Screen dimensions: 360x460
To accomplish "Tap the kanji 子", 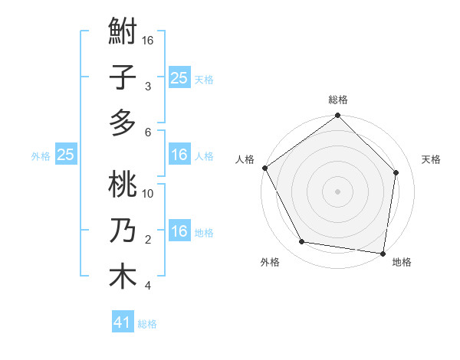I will point(123,78).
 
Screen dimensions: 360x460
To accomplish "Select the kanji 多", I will point(123,122).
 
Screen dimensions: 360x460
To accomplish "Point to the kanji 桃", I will point(123,187).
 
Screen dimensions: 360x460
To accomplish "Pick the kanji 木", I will point(123,276).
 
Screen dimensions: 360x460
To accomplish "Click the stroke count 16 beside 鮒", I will point(149,40).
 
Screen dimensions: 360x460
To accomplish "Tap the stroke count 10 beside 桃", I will point(149,193).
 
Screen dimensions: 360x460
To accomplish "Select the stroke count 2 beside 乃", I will point(148,240).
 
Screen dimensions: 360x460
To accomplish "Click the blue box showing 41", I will point(123,322).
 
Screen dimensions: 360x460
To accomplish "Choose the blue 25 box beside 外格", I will point(65,155).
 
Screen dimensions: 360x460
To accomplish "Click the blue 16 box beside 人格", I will point(179,155).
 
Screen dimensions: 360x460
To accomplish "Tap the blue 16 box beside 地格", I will point(179,232).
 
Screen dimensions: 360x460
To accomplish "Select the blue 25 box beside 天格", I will point(179,77).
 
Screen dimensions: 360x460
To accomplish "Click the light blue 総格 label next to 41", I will point(147,324).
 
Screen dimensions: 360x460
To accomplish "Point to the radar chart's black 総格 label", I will point(337,100).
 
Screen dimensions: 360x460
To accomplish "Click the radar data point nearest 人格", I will point(264,168).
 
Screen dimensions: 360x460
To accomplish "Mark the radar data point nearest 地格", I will point(383,253).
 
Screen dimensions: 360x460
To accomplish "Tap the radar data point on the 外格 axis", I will point(302,242).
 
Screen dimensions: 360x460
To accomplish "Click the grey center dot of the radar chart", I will point(337,191).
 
